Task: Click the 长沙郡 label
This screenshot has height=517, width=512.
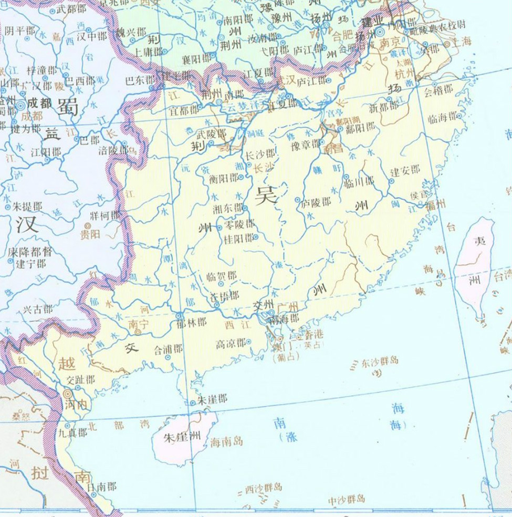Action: (260, 154)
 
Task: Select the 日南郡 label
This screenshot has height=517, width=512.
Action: (100, 487)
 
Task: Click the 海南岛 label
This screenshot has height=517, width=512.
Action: (226, 442)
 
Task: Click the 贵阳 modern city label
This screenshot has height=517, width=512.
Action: (90, 234)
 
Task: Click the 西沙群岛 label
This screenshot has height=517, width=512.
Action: (264, 488)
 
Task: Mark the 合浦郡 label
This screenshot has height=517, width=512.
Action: (169, 348)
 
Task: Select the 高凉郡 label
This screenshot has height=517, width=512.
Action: (231, 344)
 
